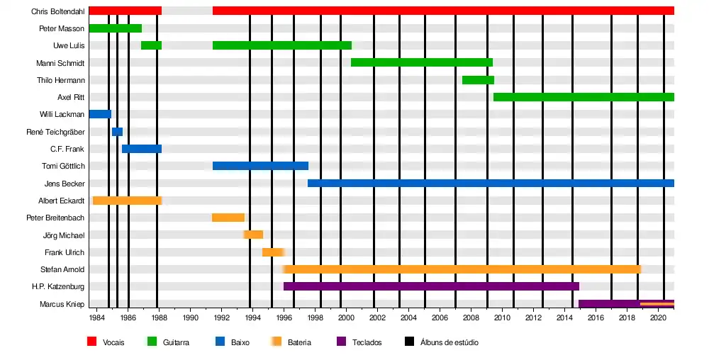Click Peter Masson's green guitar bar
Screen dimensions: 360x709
[115, 28]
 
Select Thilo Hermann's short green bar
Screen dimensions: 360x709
[478, 80]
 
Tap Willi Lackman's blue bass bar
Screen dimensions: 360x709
[100, 114]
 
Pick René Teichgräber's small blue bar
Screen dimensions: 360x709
[117, 132]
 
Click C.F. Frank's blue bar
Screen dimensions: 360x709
[142, 149]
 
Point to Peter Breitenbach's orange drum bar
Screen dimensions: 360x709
[228, 218]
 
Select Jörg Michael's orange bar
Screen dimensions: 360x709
[254, 235]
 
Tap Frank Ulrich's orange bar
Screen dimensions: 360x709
[273, 252]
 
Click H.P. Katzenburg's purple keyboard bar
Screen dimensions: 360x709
[431, 286]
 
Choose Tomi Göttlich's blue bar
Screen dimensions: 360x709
[260, 166]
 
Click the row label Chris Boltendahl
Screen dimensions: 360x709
[58, 11]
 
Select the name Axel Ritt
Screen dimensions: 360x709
[71, 97]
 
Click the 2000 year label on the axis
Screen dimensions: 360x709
[346, 319]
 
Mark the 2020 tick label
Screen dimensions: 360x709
[658, 319]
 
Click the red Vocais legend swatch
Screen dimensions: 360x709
[92, 342]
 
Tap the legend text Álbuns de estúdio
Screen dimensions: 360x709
[450, 342]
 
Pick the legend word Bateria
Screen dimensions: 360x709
[299, 342]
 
